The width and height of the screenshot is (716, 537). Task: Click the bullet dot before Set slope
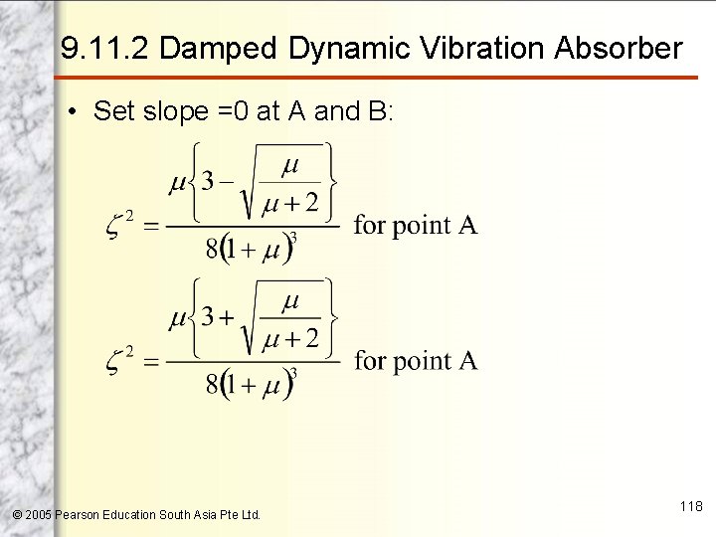click(x=75, y=111)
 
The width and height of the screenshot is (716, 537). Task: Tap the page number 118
click(x=691, y=507)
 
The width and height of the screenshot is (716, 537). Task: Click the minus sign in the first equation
click(x=228, y=181)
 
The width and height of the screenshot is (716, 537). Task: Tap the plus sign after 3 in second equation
click(x=228, y=317)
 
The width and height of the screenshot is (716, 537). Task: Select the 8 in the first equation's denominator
click(x=212, y=249)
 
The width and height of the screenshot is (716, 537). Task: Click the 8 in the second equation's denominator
click(x=212, y=384)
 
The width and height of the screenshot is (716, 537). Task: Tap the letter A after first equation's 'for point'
click(x=467, y=225)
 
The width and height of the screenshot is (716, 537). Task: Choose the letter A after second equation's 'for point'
click(x=467, y=360)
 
